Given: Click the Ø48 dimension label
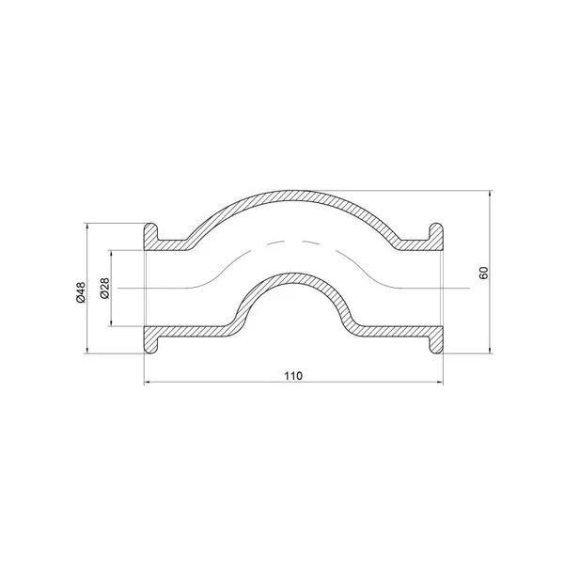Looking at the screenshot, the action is (82, 291).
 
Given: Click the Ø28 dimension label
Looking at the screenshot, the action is (104, 289).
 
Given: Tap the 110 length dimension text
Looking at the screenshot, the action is (293, 376).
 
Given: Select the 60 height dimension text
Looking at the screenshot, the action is (483, 273).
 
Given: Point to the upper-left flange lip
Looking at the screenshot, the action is (151, 233).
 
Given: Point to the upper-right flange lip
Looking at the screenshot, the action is (436, 233).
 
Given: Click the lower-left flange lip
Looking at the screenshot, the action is (151, 344).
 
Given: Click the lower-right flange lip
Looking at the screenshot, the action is (436, 344).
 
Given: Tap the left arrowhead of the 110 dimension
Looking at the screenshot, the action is (148, 383).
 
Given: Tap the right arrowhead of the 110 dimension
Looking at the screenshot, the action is (440, 383).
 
